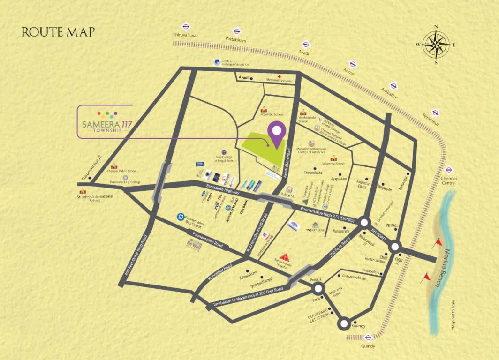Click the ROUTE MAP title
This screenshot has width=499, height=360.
pos(58,32)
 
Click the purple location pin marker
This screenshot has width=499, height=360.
pos(277,133)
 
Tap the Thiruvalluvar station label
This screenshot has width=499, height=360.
pos(186,35)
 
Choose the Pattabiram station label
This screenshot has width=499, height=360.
pos(236,41)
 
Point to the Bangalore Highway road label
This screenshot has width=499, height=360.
pos(223,190)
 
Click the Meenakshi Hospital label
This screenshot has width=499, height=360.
pos(279,81)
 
